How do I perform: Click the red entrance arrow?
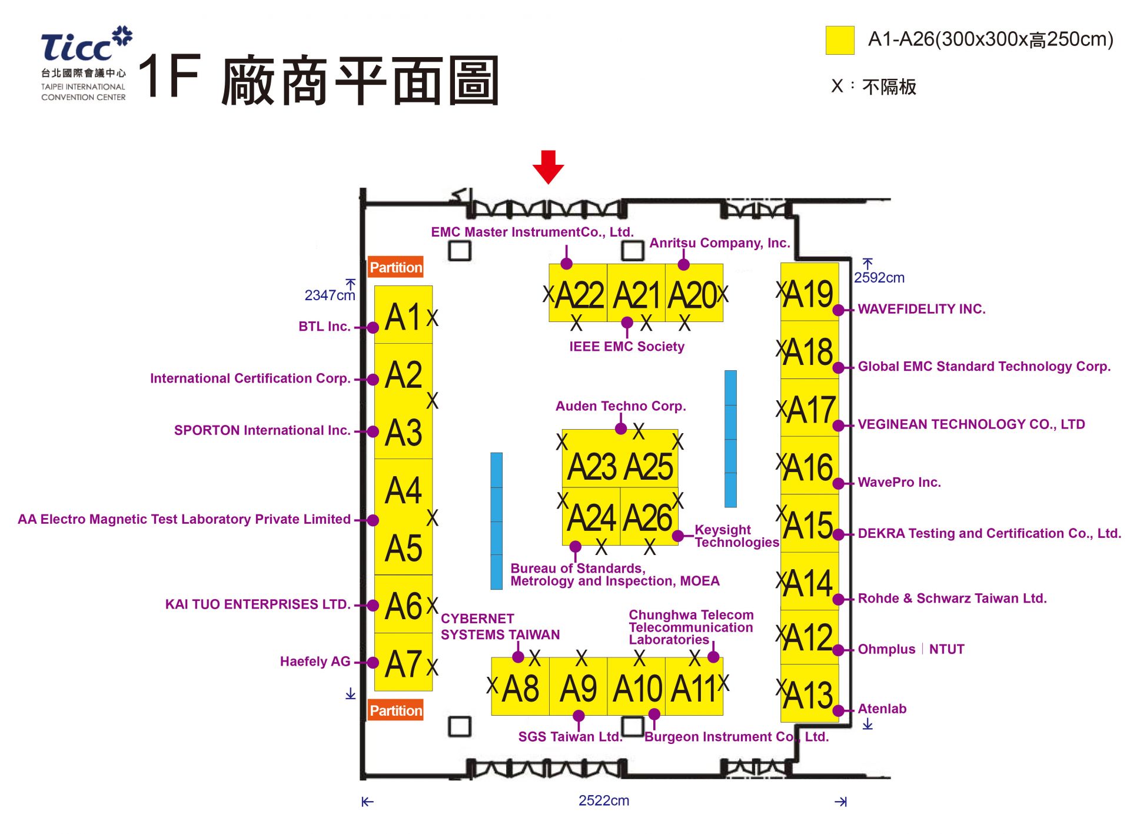click(x=548, y=166)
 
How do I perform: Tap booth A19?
click(x=809, y=293)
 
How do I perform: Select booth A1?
click(x=403, y=316)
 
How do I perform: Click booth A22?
click(x=578, y=294)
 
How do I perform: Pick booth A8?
click(x=520, y=687)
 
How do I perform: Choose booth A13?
click(x=809, y=694)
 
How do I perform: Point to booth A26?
click(x=648, y=517)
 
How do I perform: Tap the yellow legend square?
click(x=839, y=40)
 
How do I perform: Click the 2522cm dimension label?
click(x=603, y=800)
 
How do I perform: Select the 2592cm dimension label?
click(x=879, y=278)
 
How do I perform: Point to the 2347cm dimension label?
click(x=329, y=295)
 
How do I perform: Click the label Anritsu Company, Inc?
click(x=719, y=243)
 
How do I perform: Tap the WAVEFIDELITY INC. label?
click(x=921, y=309)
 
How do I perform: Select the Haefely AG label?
click(x=315, y=662)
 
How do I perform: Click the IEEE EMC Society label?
click(x=626, y=347)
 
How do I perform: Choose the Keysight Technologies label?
click(x=736, y=536)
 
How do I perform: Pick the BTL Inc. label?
click(x=324, y=327)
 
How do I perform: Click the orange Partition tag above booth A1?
click(x=395, y=267)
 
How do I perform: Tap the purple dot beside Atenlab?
click(x=838, y=710)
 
